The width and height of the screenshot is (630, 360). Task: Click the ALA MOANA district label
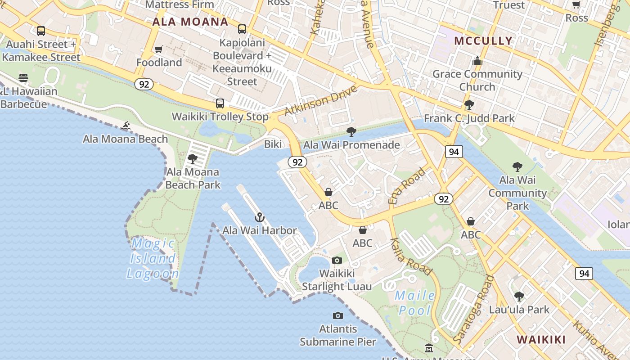(190, 22)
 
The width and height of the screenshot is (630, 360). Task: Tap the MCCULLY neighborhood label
(483, 41)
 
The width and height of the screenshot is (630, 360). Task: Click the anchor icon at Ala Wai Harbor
(259, 218)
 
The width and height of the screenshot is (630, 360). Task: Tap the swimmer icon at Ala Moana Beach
(126, 126)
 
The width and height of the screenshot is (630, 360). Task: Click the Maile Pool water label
(414, 303)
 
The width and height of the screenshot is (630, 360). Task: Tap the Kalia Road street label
(411, 256)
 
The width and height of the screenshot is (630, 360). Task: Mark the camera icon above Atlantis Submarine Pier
(337, 316)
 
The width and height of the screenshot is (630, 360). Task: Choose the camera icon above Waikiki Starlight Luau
(337, 260)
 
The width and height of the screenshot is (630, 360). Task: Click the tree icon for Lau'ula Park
(519, 297)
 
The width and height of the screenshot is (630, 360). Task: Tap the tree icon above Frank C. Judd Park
(469, 105)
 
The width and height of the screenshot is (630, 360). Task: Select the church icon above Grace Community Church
(477, 61)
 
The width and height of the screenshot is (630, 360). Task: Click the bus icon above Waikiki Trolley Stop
(220, 103)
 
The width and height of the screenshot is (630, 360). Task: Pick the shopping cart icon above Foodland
(158, 49)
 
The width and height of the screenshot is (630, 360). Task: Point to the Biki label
(273, 144)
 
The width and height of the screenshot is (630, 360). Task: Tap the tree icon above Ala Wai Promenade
(351, 132)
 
